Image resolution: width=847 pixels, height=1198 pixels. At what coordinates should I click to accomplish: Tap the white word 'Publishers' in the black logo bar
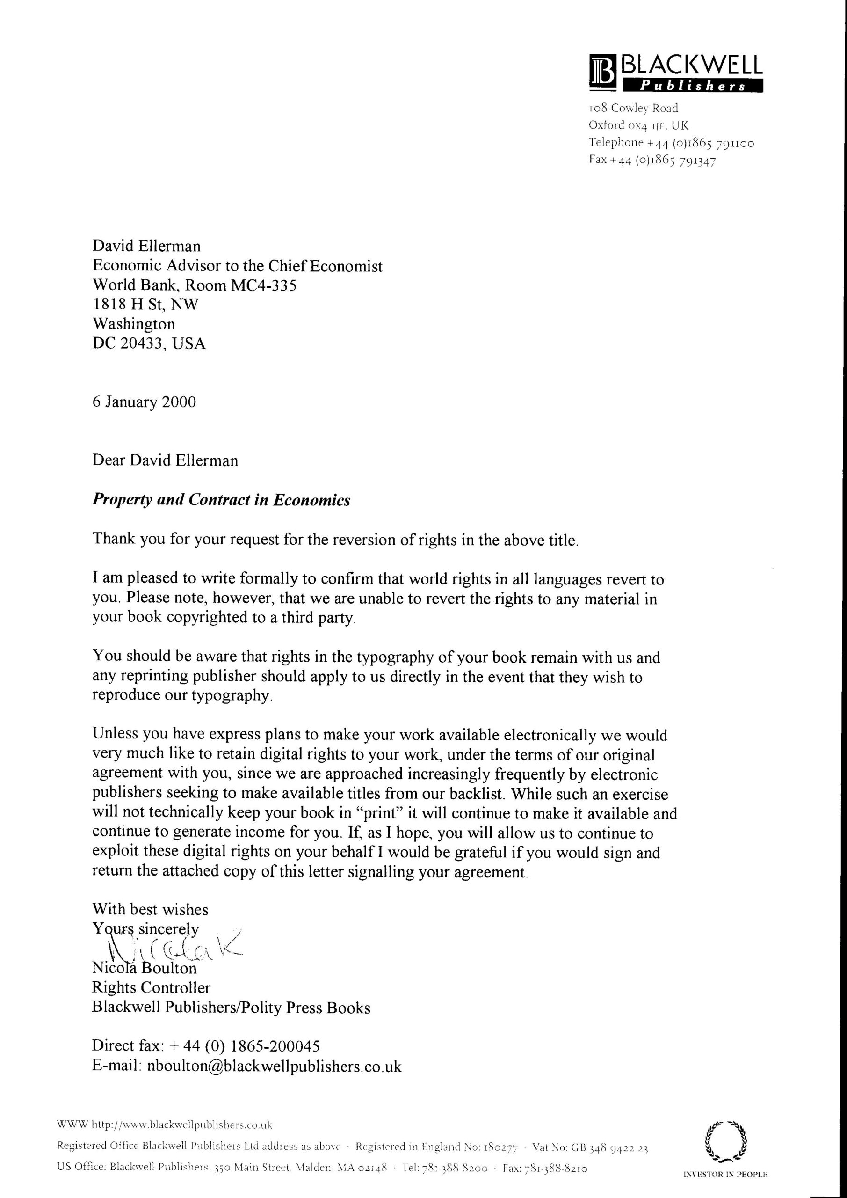(x=693, y=87)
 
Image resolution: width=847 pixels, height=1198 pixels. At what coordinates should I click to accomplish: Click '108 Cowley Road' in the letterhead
(x=633, y=108)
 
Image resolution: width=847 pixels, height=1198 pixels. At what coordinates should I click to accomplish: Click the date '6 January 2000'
(x=144, y=402)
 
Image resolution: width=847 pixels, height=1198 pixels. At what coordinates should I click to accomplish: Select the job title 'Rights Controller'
(x=151, y=987)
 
